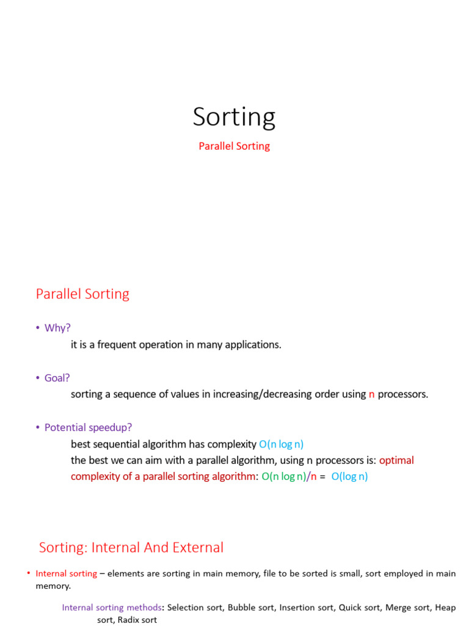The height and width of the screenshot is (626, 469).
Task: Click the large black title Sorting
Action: tap(234, 117)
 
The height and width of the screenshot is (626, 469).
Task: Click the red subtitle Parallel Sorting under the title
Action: tap(234, 146)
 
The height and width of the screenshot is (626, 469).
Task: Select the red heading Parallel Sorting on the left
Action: tap(82, 294)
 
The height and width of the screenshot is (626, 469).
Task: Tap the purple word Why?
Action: tap(57, 328)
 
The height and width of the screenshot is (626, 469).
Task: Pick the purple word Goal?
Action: tap(57, 378)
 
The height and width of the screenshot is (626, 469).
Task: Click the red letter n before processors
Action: tap(371, 394)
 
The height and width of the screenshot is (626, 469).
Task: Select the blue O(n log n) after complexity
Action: tap(281, 444)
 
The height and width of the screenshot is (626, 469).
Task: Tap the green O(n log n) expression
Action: tap(284, 477)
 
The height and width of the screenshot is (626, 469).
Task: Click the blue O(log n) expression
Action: tap(349, 477)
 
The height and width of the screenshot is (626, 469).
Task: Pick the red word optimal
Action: tap(397, 460)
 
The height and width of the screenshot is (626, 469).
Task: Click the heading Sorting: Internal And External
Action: tap(131, 547)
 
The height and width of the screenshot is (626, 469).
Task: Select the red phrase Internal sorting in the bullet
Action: tap(67, 573)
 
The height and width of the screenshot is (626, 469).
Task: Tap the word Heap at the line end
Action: tap(445, 607)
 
